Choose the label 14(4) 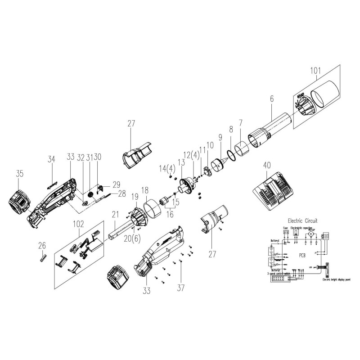coord(166,169)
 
